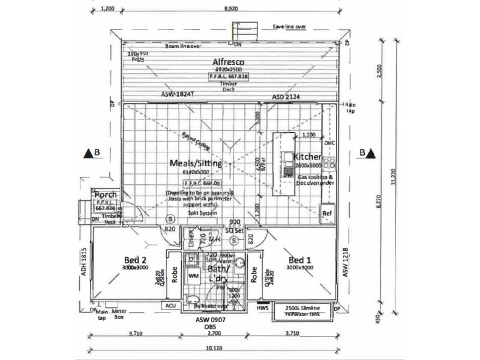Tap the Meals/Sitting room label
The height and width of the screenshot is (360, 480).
pyautogui.click(x=197, y=163)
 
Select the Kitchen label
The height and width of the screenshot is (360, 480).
pyautogui.click(x=307, y=157)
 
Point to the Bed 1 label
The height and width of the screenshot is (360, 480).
pyautogui.click(x=300, y=259)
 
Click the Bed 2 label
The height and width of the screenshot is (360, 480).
pyautogui.click(x=136, y=259)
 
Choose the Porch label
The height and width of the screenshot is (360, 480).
pyautogui.click(x=105, y=195)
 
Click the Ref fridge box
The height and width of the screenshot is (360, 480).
pyautogui.click(x=327, y=214)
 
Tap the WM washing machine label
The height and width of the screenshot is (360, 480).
pyautogui.click(x=194, y=276)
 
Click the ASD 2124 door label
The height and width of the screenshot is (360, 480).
pyautogui.click(x=286, y=96)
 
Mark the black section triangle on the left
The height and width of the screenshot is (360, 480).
pyautogui.click(x=88, y=153)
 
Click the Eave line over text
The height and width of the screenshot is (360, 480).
pyautogui.click(x=290, y=27)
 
